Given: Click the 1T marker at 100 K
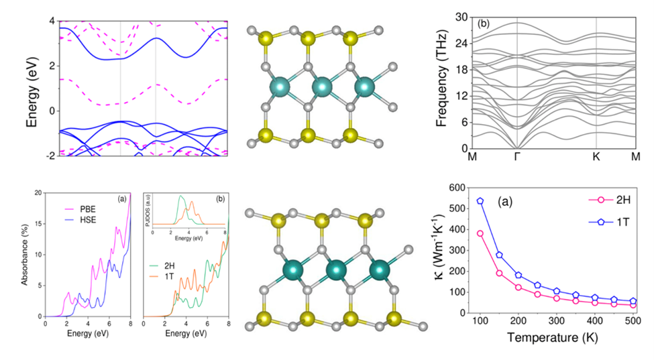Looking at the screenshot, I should point(480,201).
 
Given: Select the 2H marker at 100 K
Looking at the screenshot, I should point(480,233).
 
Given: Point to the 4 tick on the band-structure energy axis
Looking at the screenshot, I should point(51,21).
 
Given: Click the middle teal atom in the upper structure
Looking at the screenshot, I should point(323,86).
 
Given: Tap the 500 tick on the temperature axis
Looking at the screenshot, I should point(632,322).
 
